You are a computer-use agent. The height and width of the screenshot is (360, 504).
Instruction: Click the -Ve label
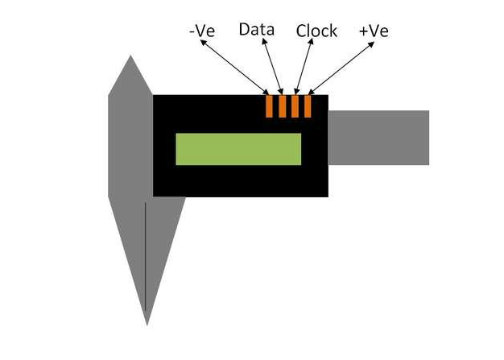click(202, 31)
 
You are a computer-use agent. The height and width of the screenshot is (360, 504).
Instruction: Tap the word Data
click(257, 30)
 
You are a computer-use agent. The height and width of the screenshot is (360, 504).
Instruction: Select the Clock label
click(316, 31)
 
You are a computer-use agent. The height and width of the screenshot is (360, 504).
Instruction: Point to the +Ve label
click(374, 31)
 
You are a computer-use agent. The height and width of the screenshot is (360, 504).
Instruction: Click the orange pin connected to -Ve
click(270, 106)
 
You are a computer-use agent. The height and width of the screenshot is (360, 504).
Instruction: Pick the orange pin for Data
click(283, 106)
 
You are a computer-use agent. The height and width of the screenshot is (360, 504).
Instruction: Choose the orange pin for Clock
click(295, 106)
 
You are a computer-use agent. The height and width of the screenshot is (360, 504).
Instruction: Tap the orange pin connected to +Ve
click(308, 106)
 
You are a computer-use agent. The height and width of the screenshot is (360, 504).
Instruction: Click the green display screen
click(238, 149)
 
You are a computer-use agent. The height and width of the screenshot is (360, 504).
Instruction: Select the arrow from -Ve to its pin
click(234, 67)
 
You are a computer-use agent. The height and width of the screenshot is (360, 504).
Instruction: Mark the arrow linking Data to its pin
click(273, 67)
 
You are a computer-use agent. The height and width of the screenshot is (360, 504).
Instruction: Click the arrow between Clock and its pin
click(304, 67)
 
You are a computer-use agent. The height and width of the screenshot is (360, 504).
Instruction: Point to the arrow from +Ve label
click(341, 68)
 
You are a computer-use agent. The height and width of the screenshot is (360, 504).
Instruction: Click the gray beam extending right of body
click(378, 138)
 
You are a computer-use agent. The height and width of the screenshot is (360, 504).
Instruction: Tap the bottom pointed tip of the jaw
click(147, 325)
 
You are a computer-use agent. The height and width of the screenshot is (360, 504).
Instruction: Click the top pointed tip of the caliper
click(130, 56)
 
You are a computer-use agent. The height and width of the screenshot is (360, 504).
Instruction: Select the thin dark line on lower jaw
click(145, 256)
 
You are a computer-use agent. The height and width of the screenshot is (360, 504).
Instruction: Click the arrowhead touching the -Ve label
click(203, 42)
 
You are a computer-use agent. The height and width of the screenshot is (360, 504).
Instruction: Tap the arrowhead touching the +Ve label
click(371, 44)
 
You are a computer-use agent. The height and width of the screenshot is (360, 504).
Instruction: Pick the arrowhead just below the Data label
click(264, 42)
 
